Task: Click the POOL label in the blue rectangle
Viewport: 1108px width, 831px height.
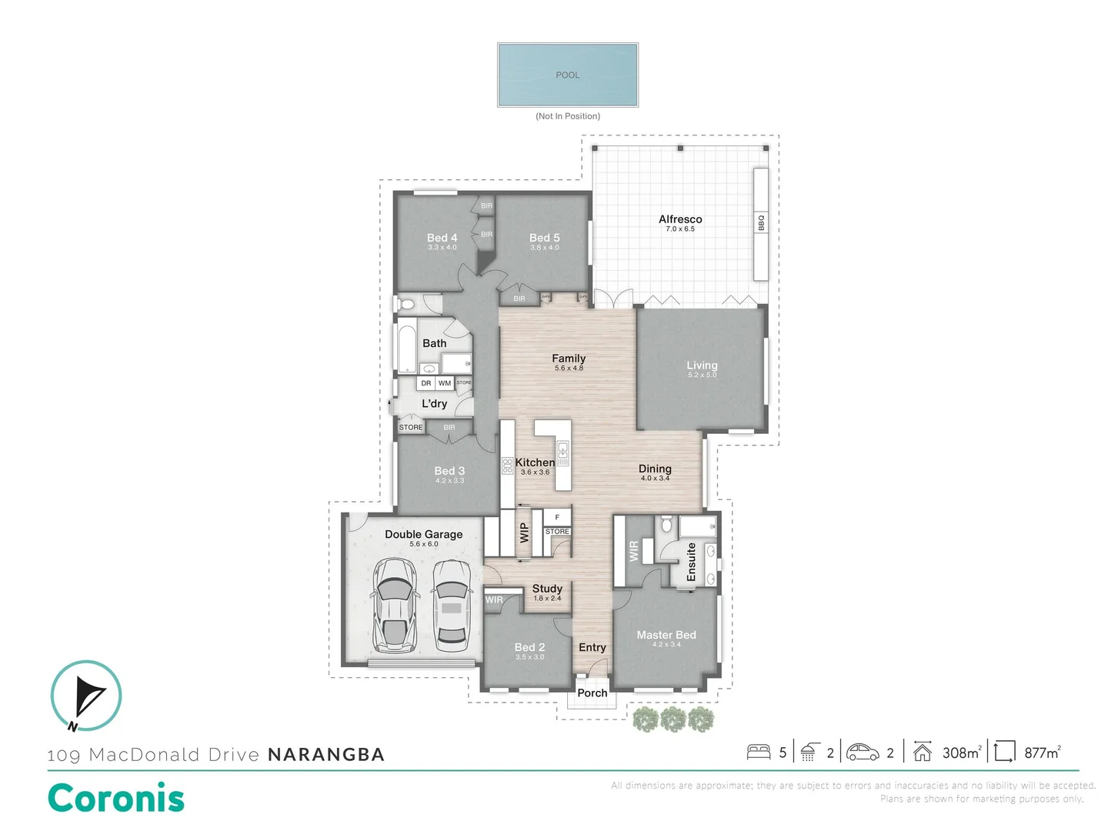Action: (568, 75)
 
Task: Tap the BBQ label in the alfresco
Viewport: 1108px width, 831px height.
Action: (761, 222)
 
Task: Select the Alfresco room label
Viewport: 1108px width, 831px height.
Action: (680, 219)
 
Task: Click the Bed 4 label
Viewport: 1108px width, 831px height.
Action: (442, 238)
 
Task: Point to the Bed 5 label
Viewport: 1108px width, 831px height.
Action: (544, 238)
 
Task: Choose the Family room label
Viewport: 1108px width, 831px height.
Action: (569, 359)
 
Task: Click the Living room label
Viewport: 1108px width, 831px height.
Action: (702, 365)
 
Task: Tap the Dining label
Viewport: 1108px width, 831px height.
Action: (655, 469)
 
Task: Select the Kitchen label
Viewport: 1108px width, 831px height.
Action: (535, 462)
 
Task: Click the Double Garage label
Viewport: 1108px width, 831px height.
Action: (423, 534)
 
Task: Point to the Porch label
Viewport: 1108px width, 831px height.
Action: (592, 692)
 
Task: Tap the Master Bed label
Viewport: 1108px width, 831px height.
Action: (666, 635)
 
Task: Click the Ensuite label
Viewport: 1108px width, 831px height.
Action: (691, 562)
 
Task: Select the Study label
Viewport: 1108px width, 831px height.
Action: (547, 589)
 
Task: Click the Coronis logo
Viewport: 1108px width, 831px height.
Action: (116, 798)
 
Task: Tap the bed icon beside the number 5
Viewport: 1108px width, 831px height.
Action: (759, 752)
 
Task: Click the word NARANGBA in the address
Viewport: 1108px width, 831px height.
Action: (326, 755)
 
